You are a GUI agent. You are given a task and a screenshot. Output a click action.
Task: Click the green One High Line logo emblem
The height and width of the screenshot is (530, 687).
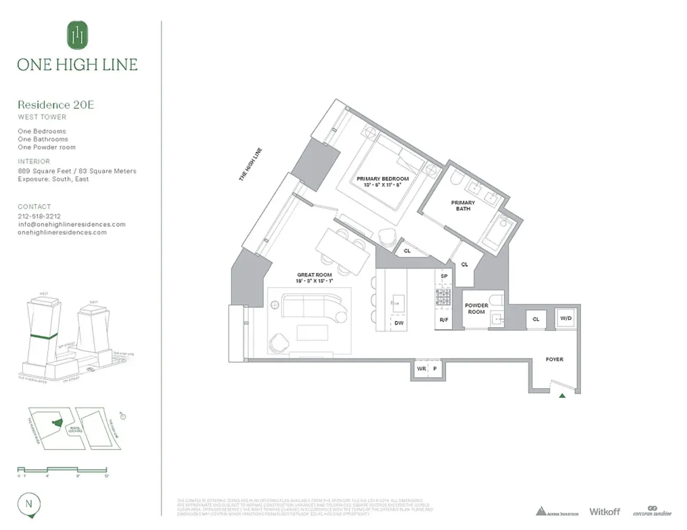[x=78, y=35]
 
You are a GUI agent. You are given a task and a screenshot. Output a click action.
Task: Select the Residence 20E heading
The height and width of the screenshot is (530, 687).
[x=56, y=105]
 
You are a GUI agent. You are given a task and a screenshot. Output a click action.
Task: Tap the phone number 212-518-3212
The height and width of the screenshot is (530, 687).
[x=39, y=216]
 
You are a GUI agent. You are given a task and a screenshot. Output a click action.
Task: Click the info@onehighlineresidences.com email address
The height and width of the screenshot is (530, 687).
[x=71, y=224]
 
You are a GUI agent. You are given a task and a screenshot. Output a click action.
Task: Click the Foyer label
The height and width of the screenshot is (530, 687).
[x=554, y=359]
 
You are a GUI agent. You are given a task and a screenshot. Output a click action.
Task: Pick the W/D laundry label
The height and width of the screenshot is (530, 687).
[x=566, y=318]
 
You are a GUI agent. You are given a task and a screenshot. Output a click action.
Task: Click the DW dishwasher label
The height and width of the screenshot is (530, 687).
[x=399, y=323]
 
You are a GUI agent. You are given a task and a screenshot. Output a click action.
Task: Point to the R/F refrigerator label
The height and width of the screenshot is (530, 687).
[x=444, y=320]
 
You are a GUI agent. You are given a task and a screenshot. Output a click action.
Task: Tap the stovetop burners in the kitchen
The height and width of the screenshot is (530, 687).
[x=443, y=297]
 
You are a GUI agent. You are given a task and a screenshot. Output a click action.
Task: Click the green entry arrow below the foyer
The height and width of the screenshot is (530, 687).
[x=562, y=395]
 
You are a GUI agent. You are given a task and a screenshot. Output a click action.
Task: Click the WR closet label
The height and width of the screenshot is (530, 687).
[x=421, y=369]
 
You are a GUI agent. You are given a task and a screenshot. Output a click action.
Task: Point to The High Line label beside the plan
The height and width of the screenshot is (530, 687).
[x=250, y=164]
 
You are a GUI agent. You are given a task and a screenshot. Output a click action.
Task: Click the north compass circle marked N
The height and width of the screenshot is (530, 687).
[x=29, y=504]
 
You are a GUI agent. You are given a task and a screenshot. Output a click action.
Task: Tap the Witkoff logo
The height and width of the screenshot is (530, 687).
[x=605, y=512]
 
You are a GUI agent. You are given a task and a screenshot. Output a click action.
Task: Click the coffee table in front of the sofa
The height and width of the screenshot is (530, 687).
[x=312, y=333]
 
